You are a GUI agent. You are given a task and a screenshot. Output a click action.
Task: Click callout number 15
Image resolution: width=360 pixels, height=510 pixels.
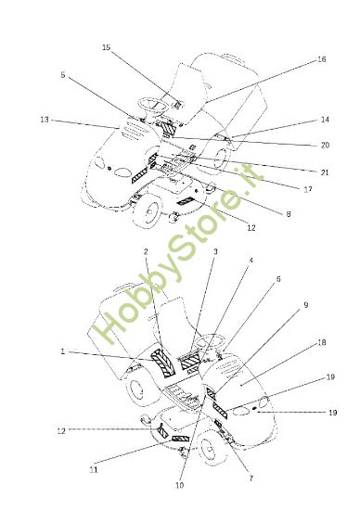106,47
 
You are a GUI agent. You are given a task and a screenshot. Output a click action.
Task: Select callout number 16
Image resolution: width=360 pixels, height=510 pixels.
321,59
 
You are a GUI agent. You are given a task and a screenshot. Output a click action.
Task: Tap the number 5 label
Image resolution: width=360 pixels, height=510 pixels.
63,75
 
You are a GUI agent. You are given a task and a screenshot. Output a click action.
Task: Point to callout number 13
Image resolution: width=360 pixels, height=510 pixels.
45,120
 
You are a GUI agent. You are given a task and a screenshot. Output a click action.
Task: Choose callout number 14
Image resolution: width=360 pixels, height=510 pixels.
325,120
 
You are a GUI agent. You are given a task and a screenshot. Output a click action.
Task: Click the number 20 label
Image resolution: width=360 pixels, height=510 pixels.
325,145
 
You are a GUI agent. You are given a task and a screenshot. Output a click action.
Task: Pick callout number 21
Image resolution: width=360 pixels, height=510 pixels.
325,172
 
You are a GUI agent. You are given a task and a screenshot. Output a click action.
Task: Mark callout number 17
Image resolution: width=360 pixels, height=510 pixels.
308,189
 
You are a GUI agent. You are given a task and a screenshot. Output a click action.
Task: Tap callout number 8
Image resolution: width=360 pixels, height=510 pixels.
288,214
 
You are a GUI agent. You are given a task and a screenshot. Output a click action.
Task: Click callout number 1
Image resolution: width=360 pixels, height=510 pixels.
63,351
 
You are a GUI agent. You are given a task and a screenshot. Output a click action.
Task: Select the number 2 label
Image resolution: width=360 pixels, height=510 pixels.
146,251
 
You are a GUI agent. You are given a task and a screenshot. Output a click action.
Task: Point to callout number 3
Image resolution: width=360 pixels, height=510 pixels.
215,251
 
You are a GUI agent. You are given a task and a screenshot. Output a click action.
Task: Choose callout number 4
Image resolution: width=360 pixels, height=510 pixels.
251,261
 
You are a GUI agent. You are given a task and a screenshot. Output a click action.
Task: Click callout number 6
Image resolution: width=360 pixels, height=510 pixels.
278,279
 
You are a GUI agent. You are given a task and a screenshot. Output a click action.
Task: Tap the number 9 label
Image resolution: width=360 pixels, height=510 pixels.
305,305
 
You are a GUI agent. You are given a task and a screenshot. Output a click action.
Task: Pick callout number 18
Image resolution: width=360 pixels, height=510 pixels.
322,342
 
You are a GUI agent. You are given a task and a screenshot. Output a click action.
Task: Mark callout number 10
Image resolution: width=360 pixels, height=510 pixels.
179,485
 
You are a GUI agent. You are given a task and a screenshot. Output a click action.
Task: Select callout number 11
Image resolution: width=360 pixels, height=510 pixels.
94,470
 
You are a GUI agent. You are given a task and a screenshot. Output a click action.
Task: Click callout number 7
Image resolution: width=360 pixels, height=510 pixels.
251,478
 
